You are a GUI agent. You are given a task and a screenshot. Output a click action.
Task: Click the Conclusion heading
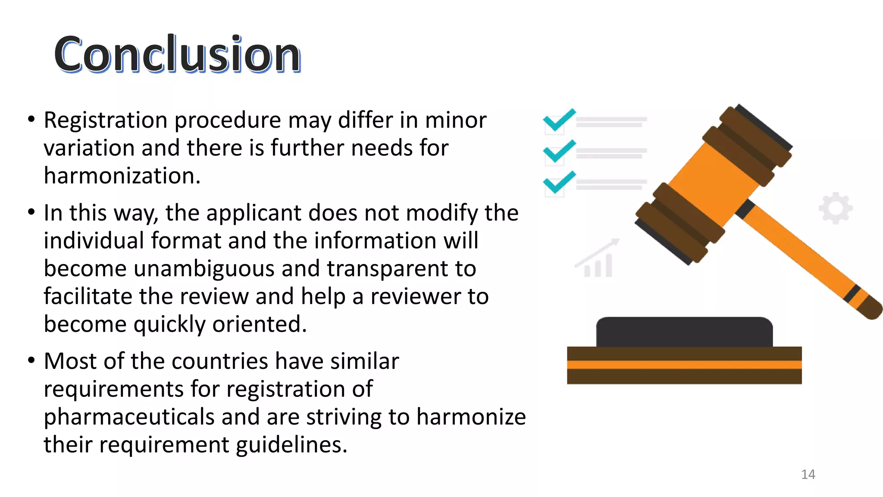pos(177,54)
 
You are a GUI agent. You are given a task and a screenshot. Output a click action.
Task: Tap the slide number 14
pos(808,475)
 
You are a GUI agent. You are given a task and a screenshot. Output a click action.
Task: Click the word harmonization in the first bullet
pos(122,176)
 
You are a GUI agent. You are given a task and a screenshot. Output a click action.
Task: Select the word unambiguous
pos(204,269)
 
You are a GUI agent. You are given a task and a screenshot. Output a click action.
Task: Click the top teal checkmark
pos(559,120)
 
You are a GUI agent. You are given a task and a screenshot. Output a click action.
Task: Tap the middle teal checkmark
pos(559,151)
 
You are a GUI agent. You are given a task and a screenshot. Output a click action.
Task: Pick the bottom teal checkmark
pos(559,182)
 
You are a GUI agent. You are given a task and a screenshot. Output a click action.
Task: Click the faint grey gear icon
pos(836,208)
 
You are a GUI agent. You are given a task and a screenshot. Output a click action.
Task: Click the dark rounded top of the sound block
pos(684,332)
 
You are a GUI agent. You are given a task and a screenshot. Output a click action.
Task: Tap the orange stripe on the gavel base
pos(684,365)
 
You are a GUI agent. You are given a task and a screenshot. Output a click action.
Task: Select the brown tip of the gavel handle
pos(871,308)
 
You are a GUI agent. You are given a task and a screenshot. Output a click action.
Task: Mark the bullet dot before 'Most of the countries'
pos(31,360)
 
